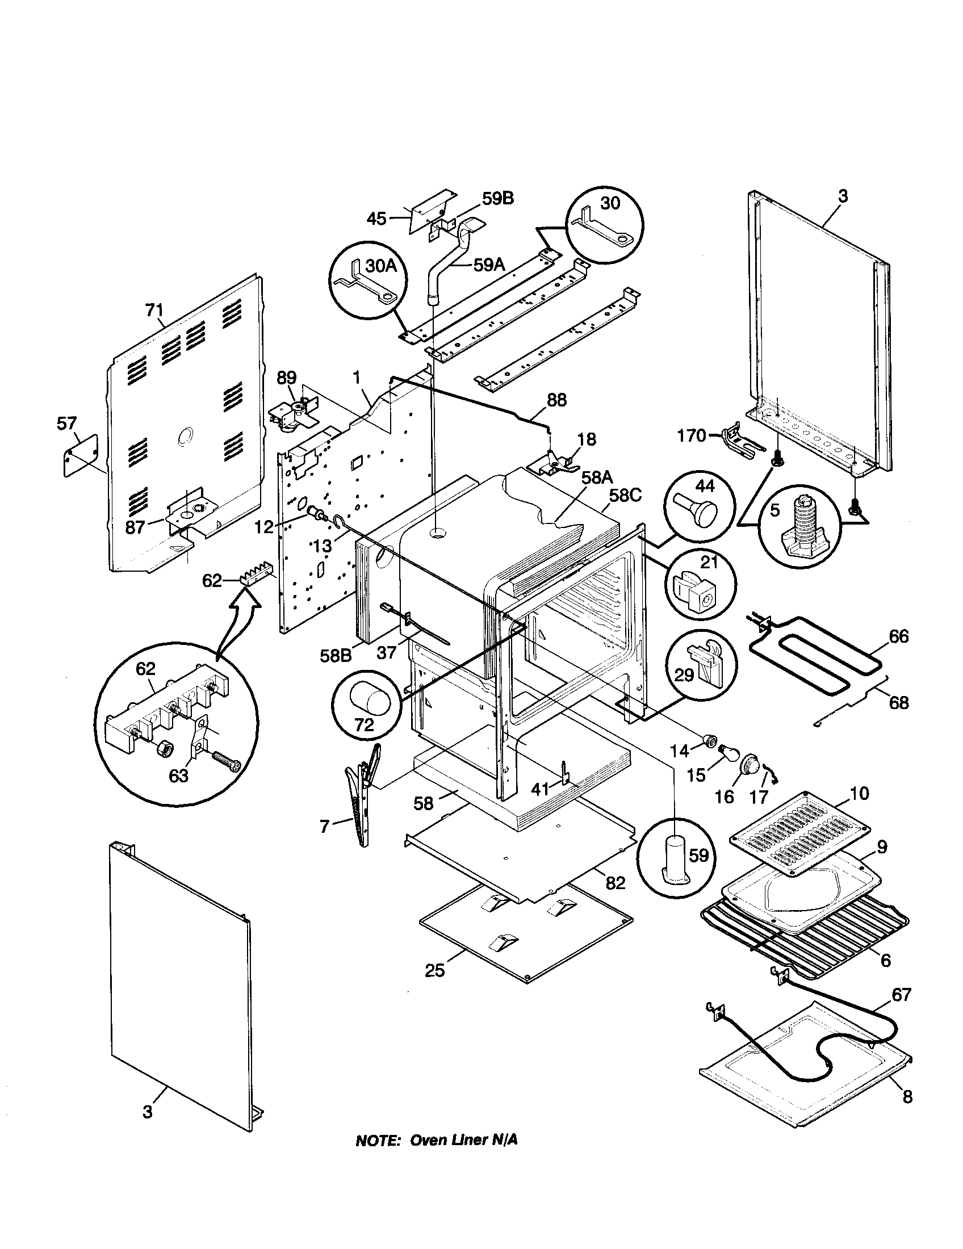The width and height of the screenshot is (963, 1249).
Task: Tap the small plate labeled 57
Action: click(79, 455)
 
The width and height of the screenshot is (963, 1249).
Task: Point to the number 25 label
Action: click(434, 970)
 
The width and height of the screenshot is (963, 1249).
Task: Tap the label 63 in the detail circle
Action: click(178, 776)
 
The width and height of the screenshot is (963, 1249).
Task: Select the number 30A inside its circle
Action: click(382, 265)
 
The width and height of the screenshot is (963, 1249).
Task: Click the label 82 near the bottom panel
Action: click(616, 883)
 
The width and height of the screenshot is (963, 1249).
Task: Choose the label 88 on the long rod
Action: click(556, 400)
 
